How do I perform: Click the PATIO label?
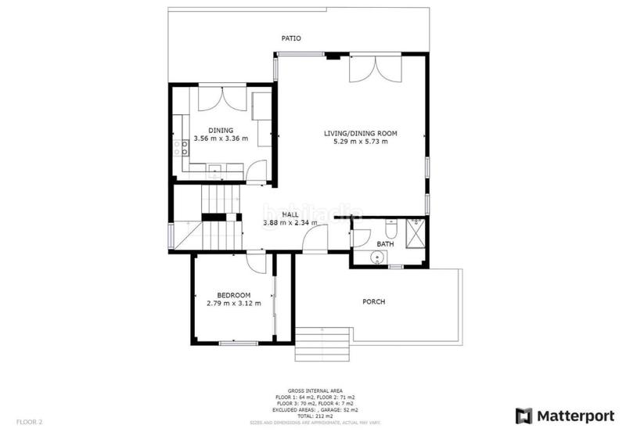[291, 38]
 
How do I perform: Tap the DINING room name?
[220, 130]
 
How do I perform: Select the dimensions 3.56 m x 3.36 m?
[220, 139]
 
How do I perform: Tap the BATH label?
[385, 244]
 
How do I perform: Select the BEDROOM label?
[234, 295]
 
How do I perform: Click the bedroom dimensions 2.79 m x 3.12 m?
[234, 304]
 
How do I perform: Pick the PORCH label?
[373, 301]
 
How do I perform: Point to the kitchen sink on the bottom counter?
[214, 167]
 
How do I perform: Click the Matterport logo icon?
[522, 414]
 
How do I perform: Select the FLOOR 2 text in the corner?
[30, 422]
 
